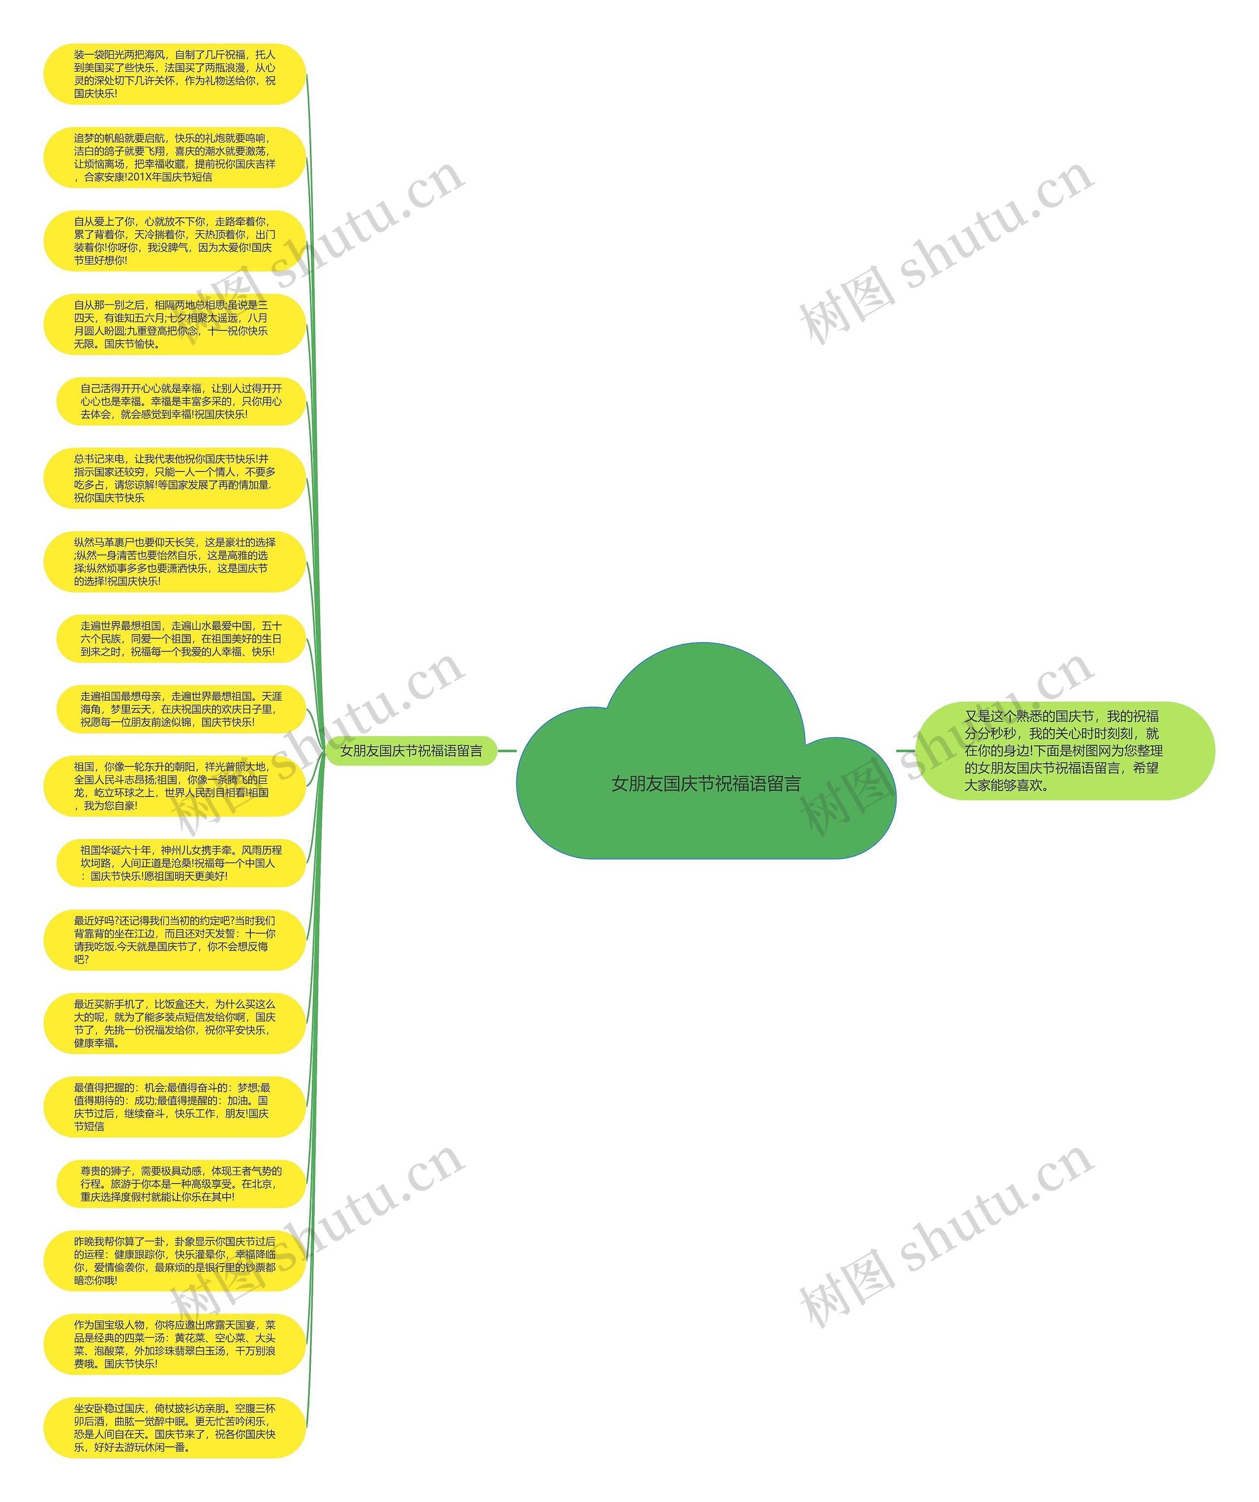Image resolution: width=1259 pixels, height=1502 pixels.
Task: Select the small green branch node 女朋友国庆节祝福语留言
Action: point(411,750)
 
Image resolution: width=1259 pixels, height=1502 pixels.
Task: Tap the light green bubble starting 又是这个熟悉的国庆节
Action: point(1064,750)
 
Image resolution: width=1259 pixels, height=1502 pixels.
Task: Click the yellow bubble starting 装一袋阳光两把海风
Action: point(175,74)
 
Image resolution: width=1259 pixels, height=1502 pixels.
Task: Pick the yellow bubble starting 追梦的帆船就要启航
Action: point(175,157)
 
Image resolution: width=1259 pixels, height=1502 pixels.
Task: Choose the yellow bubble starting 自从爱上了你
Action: point(175,241)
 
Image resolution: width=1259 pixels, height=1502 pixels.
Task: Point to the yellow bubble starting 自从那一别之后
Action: point(175,324)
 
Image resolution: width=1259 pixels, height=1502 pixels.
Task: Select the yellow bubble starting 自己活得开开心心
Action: point(181,401)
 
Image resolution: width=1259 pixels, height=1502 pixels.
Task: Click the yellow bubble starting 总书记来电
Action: point(175,478)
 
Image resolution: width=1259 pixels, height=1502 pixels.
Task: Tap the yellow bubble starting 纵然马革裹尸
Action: point(175,561)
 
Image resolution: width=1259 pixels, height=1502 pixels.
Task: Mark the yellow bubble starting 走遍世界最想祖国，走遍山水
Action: point(181,639)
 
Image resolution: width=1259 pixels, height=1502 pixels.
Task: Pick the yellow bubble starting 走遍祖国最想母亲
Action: point(181,709)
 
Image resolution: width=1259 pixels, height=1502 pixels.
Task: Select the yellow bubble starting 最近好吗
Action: point(175,940)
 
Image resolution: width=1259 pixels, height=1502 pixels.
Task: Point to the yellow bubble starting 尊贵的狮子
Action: point(181,1184)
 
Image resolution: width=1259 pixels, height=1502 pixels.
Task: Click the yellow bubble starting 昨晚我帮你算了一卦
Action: point(175,1261)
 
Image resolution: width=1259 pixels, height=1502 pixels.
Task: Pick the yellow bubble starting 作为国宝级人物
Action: point(175,1344)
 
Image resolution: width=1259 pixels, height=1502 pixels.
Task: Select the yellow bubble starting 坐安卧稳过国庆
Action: point(175,1428)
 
